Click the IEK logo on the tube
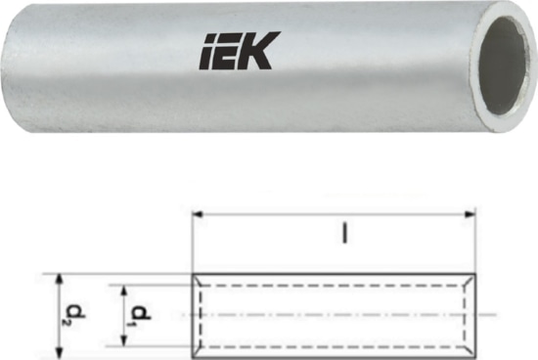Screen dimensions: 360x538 [x=240, y=51]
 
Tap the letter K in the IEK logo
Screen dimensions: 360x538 [x=261, y=51]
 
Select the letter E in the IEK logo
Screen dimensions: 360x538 [x=232, y=52]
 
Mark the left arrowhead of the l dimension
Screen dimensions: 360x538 [x=196, y=213]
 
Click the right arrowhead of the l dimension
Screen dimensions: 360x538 [x=471, y=213]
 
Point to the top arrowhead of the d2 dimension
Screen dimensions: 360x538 [x=61, y=276]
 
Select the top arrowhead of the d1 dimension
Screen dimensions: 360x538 [x=123, y=290]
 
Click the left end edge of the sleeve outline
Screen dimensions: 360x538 [x=192, y=314]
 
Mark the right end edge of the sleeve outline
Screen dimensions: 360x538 [x=475, y=314]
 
